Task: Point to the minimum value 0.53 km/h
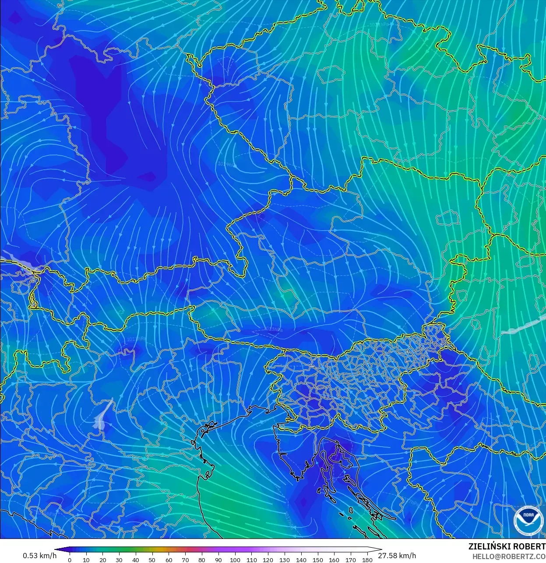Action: [39, 556]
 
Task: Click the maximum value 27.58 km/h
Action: [397, 556]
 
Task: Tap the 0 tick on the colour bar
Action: [70, 560]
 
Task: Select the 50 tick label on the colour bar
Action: [152, 560]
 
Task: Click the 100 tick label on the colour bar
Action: [235, 560]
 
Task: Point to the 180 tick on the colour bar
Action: [367, 560]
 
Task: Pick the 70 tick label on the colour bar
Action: [185, 560]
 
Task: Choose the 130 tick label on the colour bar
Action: [285, 560]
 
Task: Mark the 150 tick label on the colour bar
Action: [318, 560]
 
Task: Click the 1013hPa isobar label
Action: [274, 329]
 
